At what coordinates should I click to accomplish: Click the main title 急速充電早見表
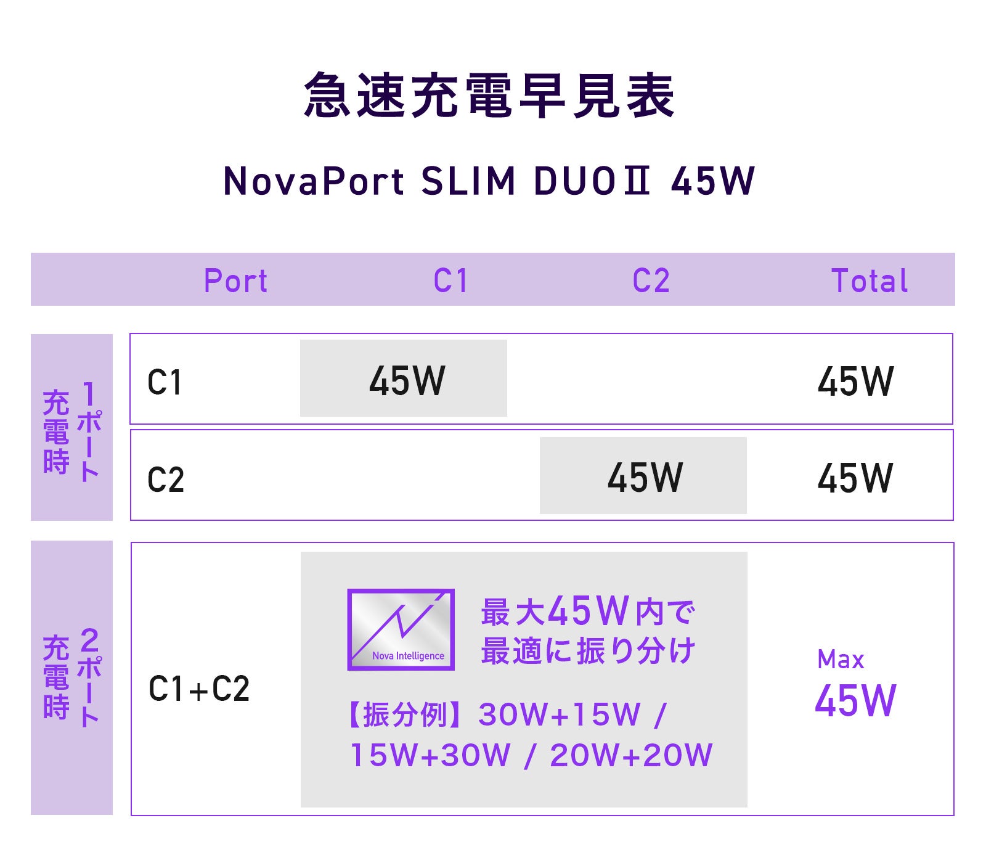[x=490, y=96]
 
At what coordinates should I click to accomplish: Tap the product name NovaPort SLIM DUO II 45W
[x=489, y=181]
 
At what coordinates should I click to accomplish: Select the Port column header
[x=236, y=280]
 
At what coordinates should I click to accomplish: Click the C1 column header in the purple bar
[x=450, y=280]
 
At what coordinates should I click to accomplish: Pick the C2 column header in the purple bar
[x=651, y=280]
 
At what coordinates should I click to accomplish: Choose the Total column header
[x=870, y=280]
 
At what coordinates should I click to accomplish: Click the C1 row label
[x=165, y=382]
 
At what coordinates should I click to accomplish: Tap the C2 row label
[x=166, y=479]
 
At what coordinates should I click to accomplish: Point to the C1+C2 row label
[x=199, y=689]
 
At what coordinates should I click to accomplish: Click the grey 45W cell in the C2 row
[x=645, y=477]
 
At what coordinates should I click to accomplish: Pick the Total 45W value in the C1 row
[x=855, y=381]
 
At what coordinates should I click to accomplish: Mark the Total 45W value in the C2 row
[x=855, y=478]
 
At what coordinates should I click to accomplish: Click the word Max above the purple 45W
[x=841, y=660]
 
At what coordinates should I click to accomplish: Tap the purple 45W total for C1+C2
[x=855, y=701]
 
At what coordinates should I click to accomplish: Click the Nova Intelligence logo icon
[x=401, y=629]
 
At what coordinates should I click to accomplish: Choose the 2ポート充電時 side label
[x=71, y=677]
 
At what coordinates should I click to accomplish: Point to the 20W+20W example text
[x=631, y=755]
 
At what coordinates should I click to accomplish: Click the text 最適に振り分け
[x=589, y=651]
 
